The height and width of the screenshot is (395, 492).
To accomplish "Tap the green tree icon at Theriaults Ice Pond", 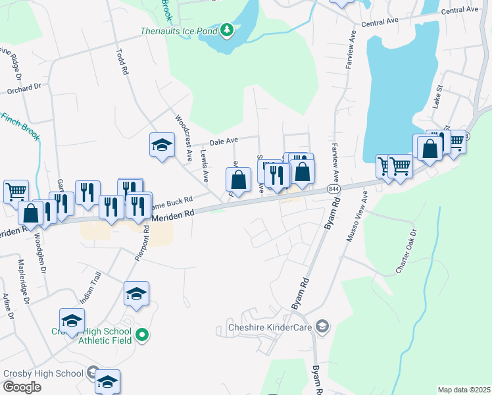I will tap(227, 30).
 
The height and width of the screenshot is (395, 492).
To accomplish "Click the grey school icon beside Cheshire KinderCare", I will tap(322, 326).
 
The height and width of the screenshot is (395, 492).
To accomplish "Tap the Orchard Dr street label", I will tap(24, 88).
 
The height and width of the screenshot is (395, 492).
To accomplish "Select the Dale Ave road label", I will tap(224, 141).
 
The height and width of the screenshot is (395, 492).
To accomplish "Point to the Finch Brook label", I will tap(20, 126).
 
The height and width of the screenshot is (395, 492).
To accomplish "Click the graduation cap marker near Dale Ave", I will tap(162, 145).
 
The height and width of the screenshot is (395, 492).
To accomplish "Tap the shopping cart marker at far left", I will tap(16, 192).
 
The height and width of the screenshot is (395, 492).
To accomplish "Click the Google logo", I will tap(22, 387).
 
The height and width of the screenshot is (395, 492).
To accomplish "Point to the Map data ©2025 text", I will tap(463, 390).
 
